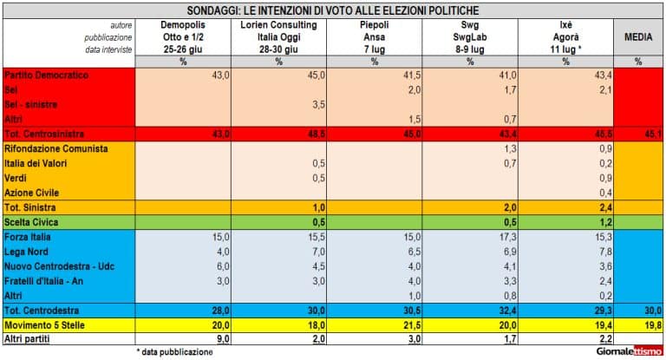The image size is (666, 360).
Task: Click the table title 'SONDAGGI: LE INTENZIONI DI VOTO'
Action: [333, 10]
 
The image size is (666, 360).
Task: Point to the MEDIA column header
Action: [638, 38]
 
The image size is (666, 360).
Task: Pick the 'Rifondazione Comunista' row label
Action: [56, 149]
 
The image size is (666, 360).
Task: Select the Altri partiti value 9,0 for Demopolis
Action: [221, 339]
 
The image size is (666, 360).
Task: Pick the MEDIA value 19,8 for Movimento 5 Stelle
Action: [652, 324]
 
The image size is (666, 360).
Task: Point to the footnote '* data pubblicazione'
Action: [174, 352]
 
